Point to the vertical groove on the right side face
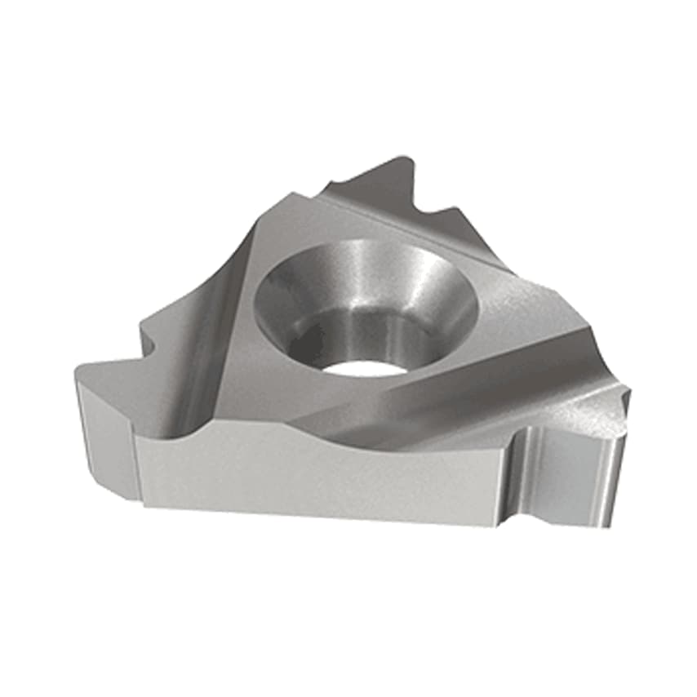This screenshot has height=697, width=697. pos(522,473)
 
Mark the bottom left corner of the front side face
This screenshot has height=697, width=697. pos(145,504)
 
